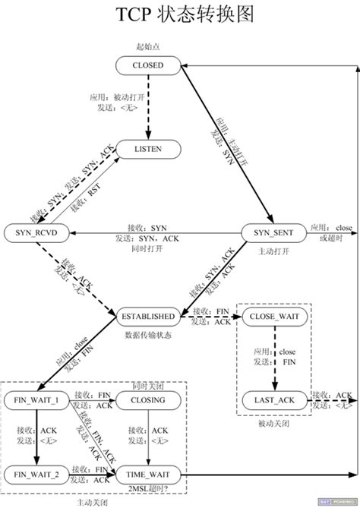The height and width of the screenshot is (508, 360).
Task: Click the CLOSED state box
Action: coord(148,65)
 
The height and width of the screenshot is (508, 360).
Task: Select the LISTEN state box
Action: coord(148,149)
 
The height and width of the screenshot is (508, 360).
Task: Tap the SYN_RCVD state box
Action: coord(36,230)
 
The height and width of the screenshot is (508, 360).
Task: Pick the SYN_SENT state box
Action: coord(273,230)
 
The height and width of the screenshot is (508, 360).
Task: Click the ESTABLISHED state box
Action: coord(148,315)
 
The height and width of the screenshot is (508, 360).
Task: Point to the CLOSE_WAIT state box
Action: coord(273,315)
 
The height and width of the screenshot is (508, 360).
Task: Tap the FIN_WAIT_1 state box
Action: coord(36,399)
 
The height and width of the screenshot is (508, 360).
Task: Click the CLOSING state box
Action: coord(148,399)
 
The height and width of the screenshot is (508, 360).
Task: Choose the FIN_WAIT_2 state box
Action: coord(36,475)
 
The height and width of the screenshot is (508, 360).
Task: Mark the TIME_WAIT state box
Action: coord(148,475)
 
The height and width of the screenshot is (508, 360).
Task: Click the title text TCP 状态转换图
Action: coord(180,15)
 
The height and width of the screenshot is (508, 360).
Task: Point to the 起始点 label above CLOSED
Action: coord(148,47)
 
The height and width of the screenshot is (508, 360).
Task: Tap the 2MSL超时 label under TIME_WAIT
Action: coord(148,491)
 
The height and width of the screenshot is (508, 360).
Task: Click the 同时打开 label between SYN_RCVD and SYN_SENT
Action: coord(148,248)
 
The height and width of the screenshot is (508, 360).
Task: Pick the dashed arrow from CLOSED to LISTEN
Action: coord(148,106)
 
